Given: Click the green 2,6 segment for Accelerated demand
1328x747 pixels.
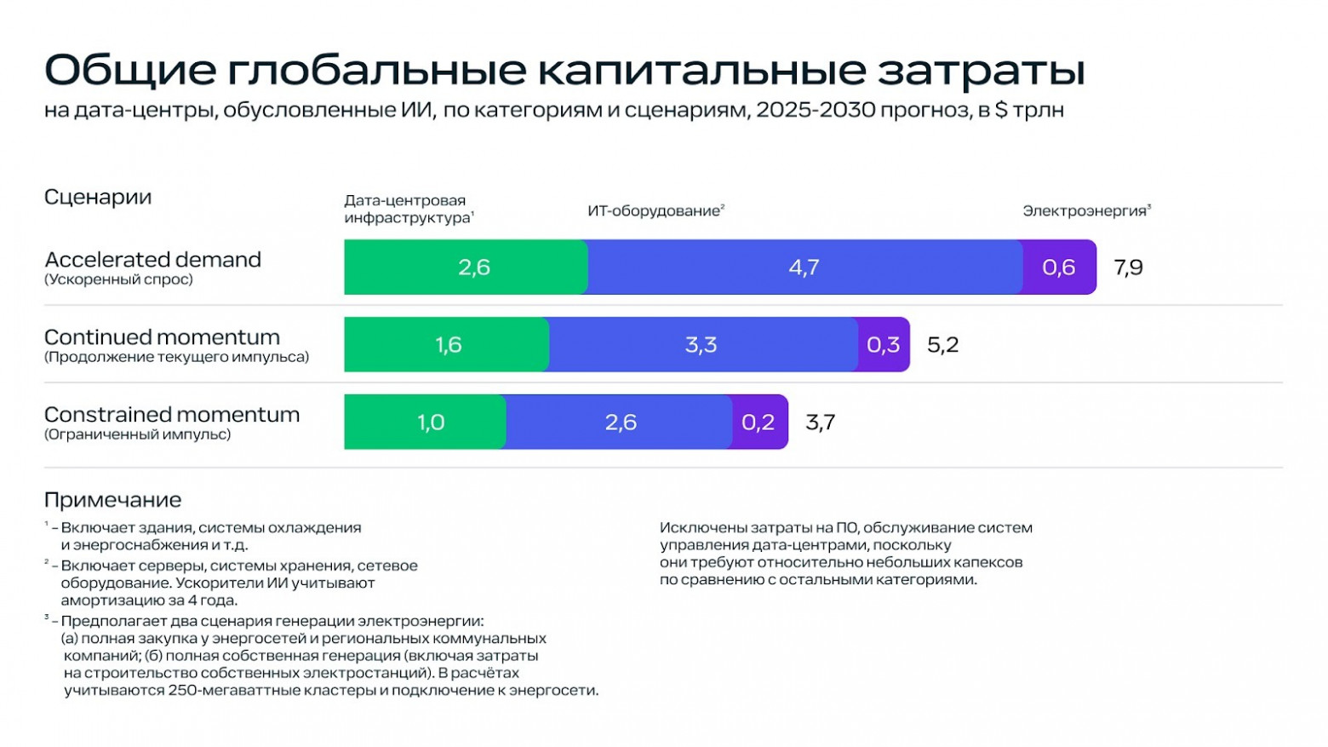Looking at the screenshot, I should click(466, 267).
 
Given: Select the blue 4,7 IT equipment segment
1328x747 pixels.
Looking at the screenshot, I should click(804, 267).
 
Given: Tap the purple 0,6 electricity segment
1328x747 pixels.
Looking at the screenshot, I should click(1059, 267).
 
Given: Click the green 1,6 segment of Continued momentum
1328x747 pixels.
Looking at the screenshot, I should click(447, 345).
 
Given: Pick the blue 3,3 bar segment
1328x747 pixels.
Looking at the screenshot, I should click(702, 345).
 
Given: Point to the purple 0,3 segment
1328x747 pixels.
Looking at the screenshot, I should click(883, 345).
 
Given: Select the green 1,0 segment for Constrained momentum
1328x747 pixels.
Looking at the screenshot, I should click(426, 422).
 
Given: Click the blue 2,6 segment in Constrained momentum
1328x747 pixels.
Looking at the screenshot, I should click(620, 422).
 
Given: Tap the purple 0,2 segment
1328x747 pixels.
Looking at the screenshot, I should click(758, 422).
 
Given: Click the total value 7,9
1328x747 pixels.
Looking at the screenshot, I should click(1128, 267).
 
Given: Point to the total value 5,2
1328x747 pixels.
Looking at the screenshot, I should click(942, 345).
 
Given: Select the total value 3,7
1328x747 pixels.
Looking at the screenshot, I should click(820, 422).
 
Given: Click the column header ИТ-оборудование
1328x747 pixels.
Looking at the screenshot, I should click(655, 211).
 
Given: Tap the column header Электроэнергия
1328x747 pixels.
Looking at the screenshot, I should click(1085, 211).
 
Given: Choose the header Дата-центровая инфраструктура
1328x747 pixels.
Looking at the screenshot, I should click(408, 210).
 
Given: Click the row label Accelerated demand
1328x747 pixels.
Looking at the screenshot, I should click(152, 260).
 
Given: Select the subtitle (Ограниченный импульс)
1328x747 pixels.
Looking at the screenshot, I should click(137, 434).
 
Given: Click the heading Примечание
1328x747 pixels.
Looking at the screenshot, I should click(112, 500).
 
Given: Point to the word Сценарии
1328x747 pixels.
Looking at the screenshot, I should click(98, 198).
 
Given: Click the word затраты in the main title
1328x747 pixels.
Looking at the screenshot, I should click(982, 71).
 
